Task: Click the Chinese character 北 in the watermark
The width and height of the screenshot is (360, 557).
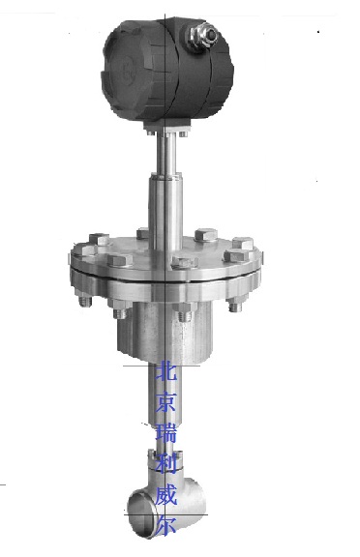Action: point(166,370)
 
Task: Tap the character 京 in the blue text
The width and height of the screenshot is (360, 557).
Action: point(166,401)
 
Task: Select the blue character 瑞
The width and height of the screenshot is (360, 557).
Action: point(166,433)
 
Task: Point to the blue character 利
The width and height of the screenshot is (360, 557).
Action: point(166,464)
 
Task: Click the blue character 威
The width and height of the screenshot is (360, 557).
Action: point(166,495)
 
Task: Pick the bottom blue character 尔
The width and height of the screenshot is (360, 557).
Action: point(166,525)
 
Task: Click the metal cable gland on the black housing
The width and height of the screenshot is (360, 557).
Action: point(201,37)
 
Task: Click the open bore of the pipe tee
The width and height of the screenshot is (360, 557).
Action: point(141,513)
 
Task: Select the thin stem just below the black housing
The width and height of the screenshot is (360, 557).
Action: point(165,154)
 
